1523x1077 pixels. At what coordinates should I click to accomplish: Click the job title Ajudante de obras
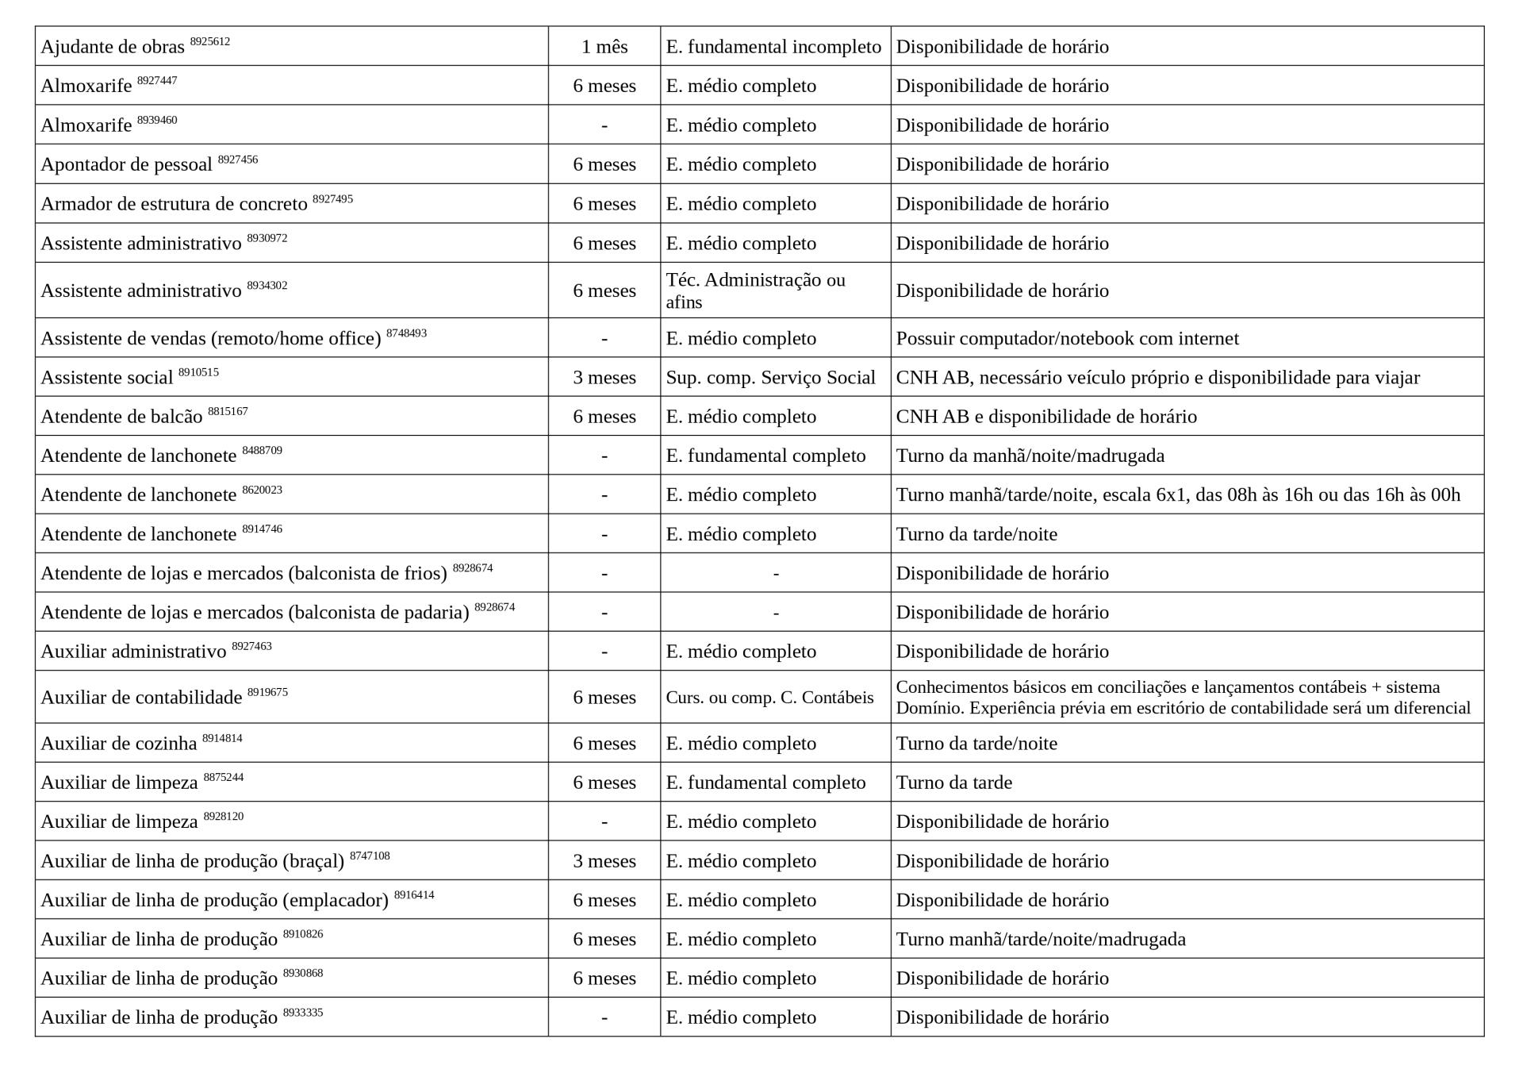[x=112, y=47]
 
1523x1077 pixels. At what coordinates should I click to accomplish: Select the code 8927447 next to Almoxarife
[x=157, y=81]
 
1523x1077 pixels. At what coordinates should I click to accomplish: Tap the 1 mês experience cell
[x=604, y=47]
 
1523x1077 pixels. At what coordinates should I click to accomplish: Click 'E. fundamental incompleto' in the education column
[x=773, y=47]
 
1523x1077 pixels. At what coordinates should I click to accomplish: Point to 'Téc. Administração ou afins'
[x=755, y=290]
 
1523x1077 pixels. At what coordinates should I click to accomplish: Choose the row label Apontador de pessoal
[x=126, y=164]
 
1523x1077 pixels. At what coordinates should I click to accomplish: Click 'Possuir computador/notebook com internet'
[x=1067, y=338]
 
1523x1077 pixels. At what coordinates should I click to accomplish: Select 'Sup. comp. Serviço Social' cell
[x=770, y=377]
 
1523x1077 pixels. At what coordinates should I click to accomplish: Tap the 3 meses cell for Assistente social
[x=604, y=377]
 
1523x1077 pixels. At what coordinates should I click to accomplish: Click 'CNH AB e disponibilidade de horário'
[x=1045, y=417]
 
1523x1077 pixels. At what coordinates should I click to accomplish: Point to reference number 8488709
[x=262, y=451]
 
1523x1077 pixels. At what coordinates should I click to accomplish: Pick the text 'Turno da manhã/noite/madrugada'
[x=1030, y=456]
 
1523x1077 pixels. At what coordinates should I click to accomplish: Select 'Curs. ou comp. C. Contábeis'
[x=769, y=698]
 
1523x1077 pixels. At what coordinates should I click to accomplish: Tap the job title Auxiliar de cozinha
[x=118, y=744]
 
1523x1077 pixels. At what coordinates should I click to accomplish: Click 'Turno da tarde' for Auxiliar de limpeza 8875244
[x=953, y=783]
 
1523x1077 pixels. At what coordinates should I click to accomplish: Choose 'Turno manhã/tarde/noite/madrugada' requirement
[x=1040, y=939]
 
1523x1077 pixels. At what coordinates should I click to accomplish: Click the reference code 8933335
[x=303, y=1013]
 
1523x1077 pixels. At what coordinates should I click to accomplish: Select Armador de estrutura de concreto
[x=174, y=204]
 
